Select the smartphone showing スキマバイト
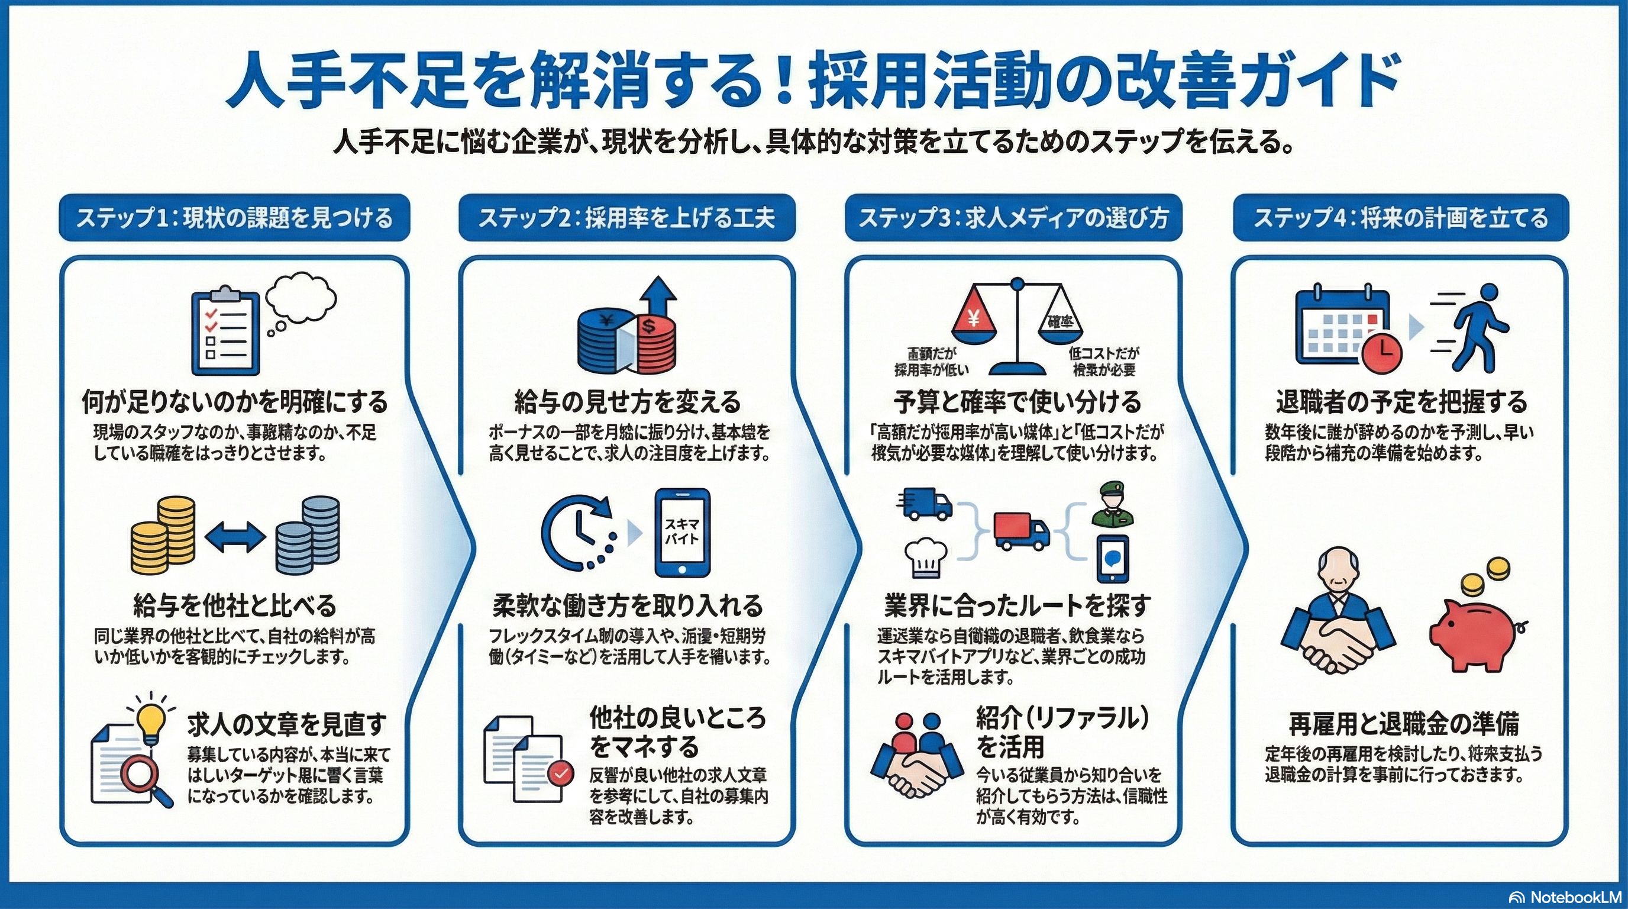coord(681,532)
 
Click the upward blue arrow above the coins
coord(657,297)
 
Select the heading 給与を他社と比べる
coord(235,605)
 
